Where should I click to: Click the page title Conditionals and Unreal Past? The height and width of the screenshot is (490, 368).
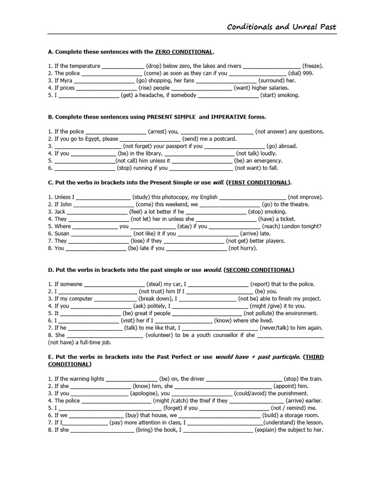tap(281, 27)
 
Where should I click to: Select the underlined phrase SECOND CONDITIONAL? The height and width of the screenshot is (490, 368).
tap(259, 270)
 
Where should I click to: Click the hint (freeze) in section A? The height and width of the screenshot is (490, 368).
tap(312, 66)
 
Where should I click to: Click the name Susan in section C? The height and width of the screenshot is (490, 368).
tap(62, 234)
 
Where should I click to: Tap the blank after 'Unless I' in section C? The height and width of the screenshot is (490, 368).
tap(103, 197)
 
